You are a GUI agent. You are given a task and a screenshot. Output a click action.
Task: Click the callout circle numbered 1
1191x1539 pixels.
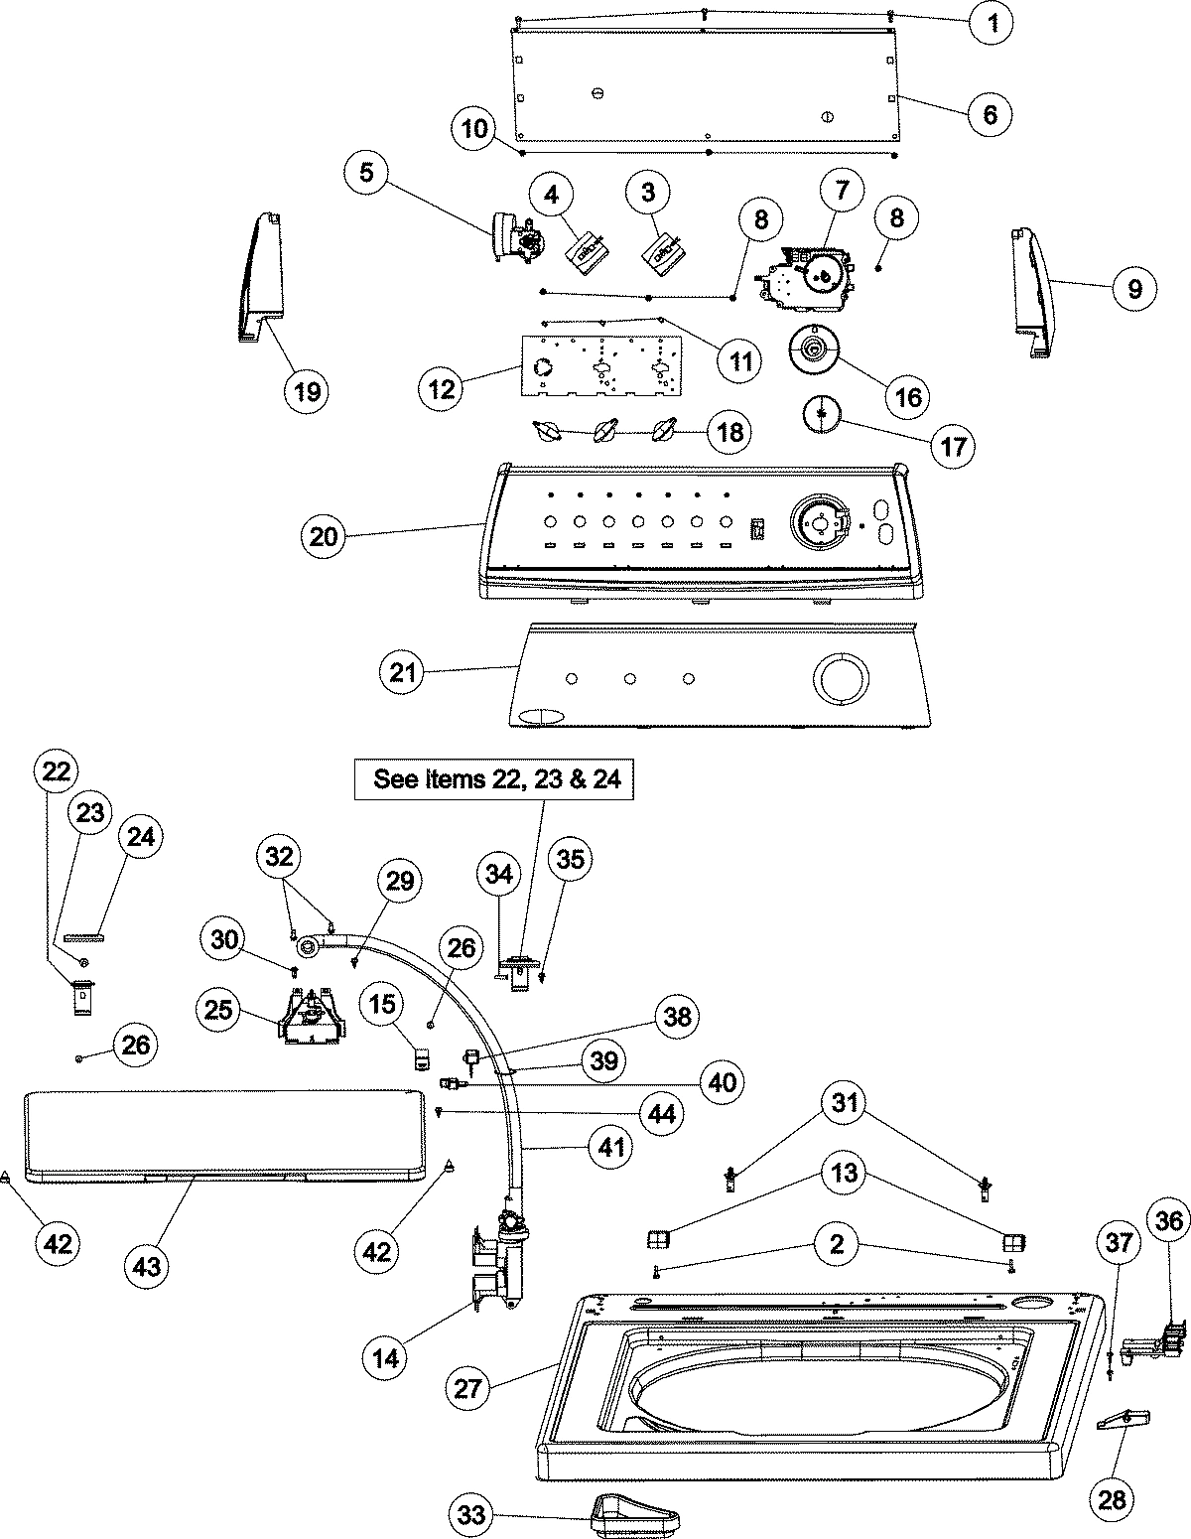(992, 23)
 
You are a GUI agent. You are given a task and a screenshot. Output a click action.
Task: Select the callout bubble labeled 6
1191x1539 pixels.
(990, 112)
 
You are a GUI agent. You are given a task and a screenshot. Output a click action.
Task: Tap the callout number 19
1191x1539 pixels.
(308, 390)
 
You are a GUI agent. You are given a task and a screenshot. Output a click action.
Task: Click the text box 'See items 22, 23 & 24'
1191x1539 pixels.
(496, 779)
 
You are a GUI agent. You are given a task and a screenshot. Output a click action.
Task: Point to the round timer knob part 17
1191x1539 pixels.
(821, 413)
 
